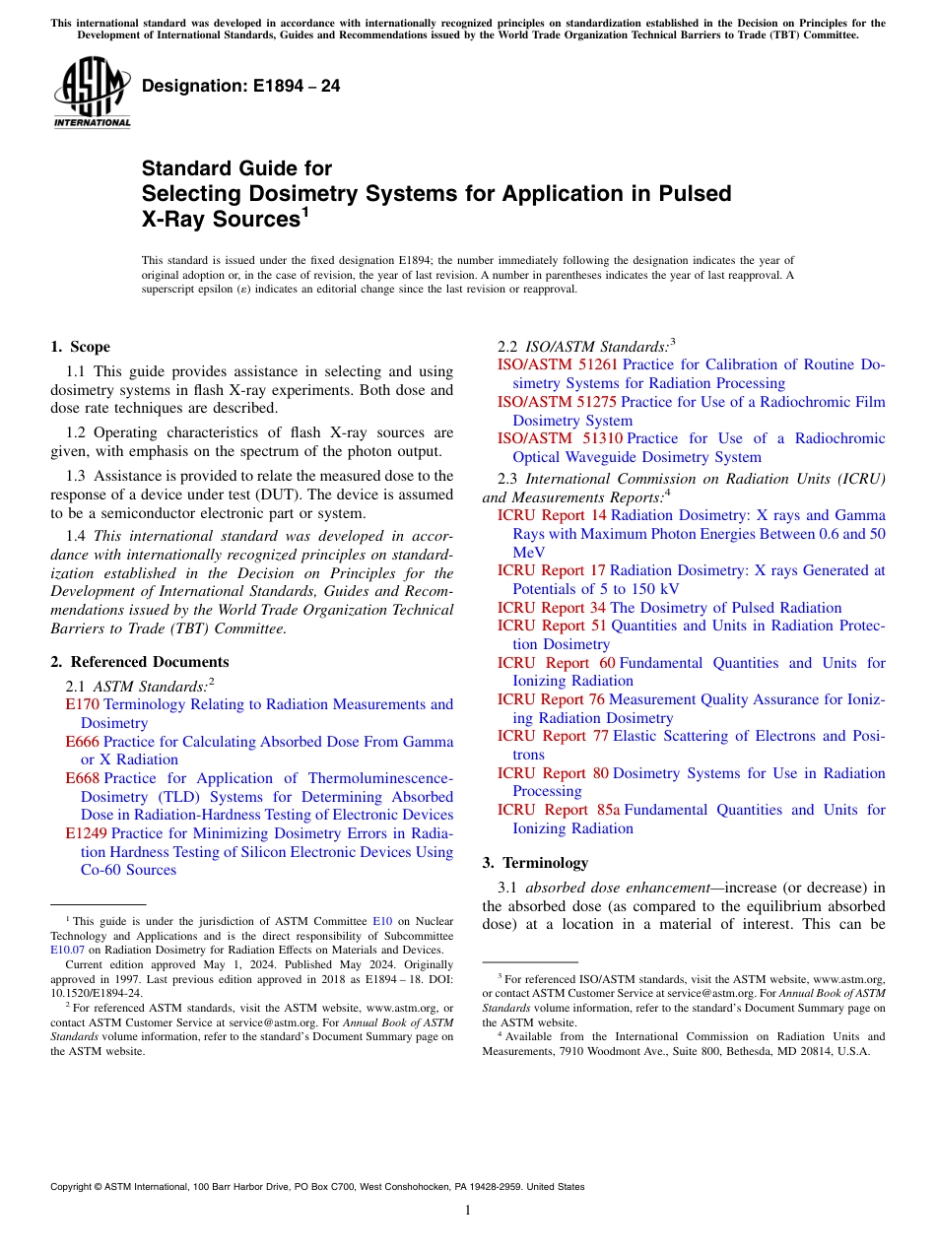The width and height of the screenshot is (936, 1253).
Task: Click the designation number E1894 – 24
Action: click(241, 86)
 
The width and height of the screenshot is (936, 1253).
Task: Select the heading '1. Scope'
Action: click(81, 347)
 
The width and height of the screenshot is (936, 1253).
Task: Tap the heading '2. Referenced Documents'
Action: click(140, 662)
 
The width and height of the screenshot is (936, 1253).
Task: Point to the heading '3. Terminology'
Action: click(535, 863)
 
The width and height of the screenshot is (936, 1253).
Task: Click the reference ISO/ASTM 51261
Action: click(557, 364)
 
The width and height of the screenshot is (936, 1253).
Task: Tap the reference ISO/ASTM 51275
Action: click(557, 402)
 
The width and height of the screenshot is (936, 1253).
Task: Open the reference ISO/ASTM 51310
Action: click(559, 438)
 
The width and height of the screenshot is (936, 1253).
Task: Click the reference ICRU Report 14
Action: click(552, 515)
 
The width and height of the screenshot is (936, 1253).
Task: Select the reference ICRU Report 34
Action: click(552, 608)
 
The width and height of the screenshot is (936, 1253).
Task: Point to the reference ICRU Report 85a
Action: click(559, 810)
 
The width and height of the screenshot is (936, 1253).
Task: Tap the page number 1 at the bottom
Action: click(468, 1210)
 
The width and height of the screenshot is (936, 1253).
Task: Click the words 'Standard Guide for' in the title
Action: click(237, 168)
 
